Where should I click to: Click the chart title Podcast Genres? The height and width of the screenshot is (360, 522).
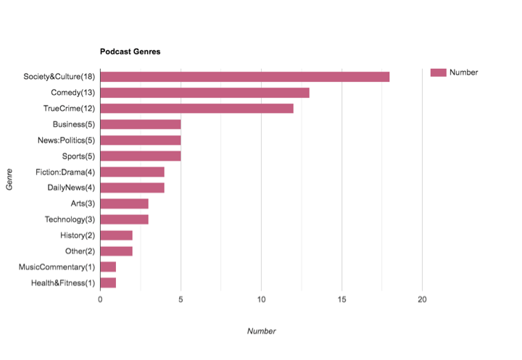(130, 52)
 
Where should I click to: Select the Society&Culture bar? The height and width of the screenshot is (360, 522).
(244, 77)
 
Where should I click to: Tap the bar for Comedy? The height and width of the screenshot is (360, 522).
(204, 93)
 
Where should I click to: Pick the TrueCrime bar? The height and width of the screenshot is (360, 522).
(196, 109)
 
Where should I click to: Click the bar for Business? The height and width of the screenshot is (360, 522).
(140, 125)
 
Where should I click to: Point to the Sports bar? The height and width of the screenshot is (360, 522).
(140, 156)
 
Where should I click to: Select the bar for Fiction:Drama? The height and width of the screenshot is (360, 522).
(132, 172)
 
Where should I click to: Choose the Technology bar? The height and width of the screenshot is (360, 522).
(124, 219)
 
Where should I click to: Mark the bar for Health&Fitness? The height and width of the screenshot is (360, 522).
(108, 282)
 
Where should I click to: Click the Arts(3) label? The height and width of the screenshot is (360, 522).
(81, 204)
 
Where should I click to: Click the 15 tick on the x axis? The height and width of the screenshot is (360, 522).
(341, 298)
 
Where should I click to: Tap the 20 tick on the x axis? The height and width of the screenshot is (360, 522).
(422, 298)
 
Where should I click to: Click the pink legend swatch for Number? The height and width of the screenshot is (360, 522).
(438, 72)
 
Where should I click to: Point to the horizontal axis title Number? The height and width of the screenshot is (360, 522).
(261, 331)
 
